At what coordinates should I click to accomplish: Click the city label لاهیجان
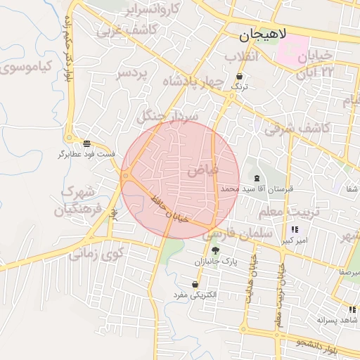[261, 34]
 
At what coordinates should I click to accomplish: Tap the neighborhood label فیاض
[203, 169]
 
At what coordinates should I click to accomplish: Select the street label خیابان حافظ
[166, 210]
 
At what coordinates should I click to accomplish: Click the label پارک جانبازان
[217, 261]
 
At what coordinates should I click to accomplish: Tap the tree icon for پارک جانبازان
[215, 250]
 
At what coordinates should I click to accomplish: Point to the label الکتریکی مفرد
[196, 295]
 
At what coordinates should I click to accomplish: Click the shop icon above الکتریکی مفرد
[195, 285]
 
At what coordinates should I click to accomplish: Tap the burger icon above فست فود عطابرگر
[86, 143]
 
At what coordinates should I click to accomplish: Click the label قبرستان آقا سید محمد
[251, 189]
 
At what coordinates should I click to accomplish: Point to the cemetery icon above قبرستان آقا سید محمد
[256, 179]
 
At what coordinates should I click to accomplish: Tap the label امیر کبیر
[295, 240]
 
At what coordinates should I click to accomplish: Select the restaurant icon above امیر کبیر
[294, 229]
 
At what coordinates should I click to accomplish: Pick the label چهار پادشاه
[193, 82]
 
